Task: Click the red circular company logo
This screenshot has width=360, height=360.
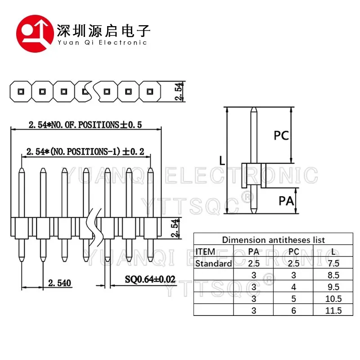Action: tap(35, 33)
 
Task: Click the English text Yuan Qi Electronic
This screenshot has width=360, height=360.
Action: tap(102, 42)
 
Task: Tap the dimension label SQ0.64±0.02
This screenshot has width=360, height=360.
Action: tap(150, 279)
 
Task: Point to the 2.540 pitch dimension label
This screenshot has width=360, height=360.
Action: tap(59, 283)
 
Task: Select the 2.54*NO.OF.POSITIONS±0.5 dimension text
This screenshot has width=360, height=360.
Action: tap(85, 125)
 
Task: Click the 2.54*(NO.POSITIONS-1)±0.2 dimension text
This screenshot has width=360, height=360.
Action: tap(85, 152)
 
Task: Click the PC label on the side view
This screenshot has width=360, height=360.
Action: tap(281, 135)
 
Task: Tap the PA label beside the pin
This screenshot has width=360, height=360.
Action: tap(286, 201)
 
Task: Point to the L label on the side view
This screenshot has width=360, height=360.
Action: tap(222, 161)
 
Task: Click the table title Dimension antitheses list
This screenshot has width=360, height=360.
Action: tap(273, 240)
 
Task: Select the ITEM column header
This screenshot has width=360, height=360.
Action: tap(205, 252)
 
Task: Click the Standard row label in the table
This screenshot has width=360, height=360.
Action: tap(213, 263)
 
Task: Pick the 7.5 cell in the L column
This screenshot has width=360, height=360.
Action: tap(333, 263)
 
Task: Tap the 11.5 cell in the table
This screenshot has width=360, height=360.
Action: tap(333, 310)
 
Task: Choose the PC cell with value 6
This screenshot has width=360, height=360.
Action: tap(294, 310)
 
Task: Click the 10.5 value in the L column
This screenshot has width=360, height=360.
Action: tap(333, 299)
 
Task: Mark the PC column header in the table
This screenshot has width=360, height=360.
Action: tap(294, 252)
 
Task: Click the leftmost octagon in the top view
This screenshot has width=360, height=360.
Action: tap(21, 91)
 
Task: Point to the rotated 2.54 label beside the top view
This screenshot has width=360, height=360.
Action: tap(179, 91)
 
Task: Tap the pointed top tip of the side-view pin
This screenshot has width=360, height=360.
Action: tap(254, 108)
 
